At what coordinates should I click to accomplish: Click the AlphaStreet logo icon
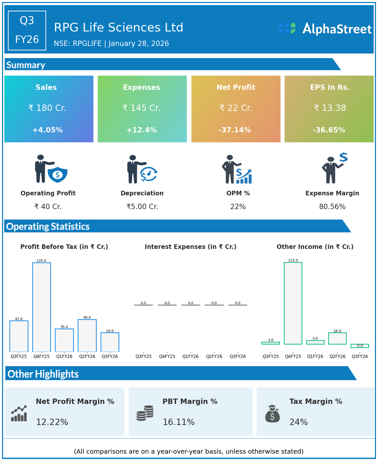[287, 28]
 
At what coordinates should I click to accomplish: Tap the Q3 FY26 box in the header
[27, 30]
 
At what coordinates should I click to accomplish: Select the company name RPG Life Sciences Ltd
[119, 27]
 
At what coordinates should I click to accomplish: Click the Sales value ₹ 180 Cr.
[47, 108]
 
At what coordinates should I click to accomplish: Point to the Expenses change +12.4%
[142, 130]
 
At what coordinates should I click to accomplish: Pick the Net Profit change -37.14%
[235, 130]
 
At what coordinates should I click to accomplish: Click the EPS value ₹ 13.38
[330, 108]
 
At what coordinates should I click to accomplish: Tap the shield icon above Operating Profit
[58, 175]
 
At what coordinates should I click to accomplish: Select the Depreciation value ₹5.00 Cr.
[142, 207]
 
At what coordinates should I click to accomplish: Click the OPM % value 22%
[238, 207]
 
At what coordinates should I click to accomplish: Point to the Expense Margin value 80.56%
[332, 207]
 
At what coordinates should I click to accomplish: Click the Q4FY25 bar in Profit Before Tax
[42, 307]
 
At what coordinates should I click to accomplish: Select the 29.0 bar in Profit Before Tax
[110, 342]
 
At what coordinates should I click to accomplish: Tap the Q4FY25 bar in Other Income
[293, 303]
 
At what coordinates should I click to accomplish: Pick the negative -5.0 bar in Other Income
[360, 346]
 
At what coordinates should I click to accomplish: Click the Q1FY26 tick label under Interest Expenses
[190, 356]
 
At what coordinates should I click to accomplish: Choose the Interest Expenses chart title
[190, 247]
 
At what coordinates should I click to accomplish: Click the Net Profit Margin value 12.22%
[52, 422]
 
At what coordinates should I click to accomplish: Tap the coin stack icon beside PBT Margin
[145, 413]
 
